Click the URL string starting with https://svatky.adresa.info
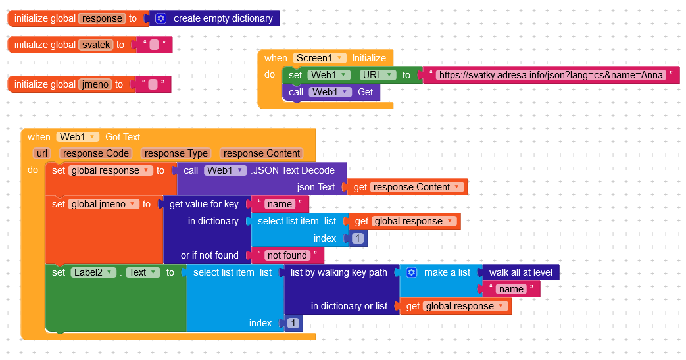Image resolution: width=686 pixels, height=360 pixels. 550,75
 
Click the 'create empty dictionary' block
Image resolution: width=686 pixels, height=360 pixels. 222,18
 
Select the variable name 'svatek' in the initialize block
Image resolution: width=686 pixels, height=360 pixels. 95,45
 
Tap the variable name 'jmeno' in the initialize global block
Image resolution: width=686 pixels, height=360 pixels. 95,84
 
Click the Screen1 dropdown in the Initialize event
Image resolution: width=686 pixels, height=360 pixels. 320,58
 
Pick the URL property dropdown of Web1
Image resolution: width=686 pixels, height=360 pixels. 378,75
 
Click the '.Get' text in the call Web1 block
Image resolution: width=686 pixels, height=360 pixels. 364,92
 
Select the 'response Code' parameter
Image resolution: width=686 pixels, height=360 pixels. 95,153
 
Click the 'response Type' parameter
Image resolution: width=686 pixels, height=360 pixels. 176,153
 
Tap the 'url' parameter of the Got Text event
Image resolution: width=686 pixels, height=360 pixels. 42,153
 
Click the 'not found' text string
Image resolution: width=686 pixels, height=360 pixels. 287,255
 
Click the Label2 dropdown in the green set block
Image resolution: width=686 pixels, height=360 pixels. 92,272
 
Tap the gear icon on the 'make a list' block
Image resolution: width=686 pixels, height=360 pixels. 412,272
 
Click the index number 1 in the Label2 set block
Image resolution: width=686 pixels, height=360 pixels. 293,323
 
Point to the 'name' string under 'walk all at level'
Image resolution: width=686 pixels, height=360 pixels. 511,289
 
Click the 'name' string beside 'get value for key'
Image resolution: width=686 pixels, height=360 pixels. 280,204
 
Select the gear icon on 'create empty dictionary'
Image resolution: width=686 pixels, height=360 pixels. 160,18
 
